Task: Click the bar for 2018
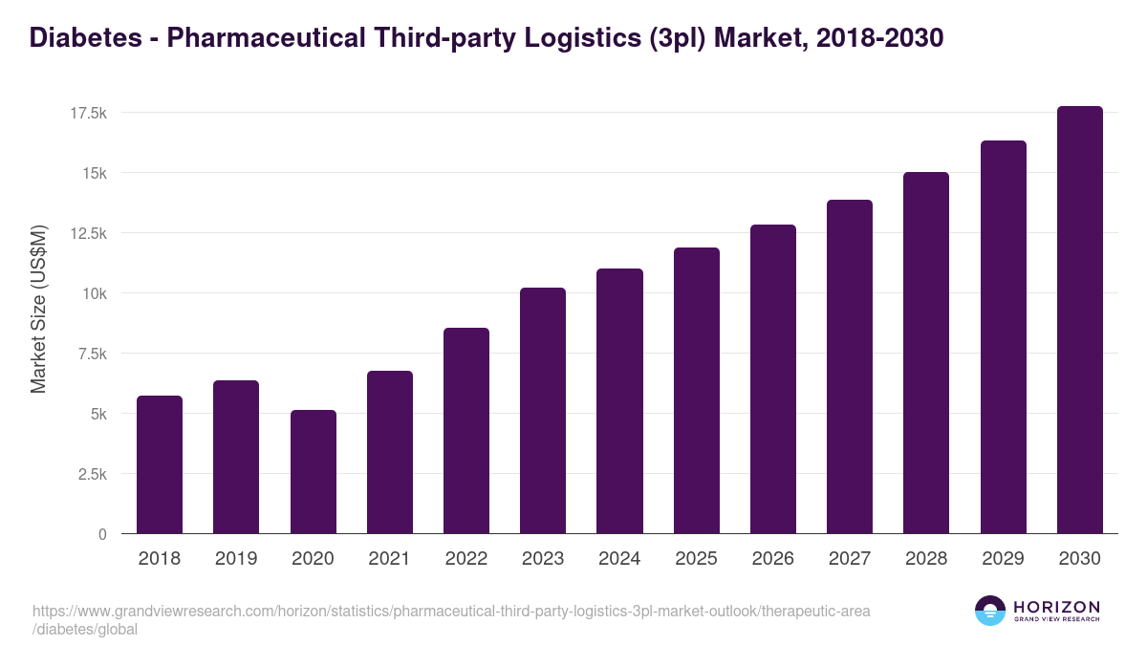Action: pyautogui.click(x=160, y=464)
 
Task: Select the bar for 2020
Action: pyautogui.click(x=314, y=472)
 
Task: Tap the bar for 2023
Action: pyautogui.click(x=543, y=411)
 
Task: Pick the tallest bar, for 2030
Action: pyautogui.click(x=1079, y=320)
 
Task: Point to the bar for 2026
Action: pyautogui.click(x=773, y=379)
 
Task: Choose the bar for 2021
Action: pyautogui.click(x=390, y=452)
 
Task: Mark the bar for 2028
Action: pyautogui.click(x=926, y=353)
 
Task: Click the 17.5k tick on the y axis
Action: pyautogui.click(x=88, y=113)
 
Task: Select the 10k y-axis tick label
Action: pyautogui.click(x=94, y=293)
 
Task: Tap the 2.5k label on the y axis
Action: pyautogui.click(x=92, y=474)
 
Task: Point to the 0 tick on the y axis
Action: pyautogui.click(x=102, y=534)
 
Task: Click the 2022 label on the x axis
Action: pyautogui.click(x=466, y=559)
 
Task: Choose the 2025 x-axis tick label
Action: pyautogui.click(x=696, y=559)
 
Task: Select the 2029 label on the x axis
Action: pyautogui.click(x=1003, y=559)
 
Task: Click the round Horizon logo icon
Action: pyautogui.click(x=989, y=611)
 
